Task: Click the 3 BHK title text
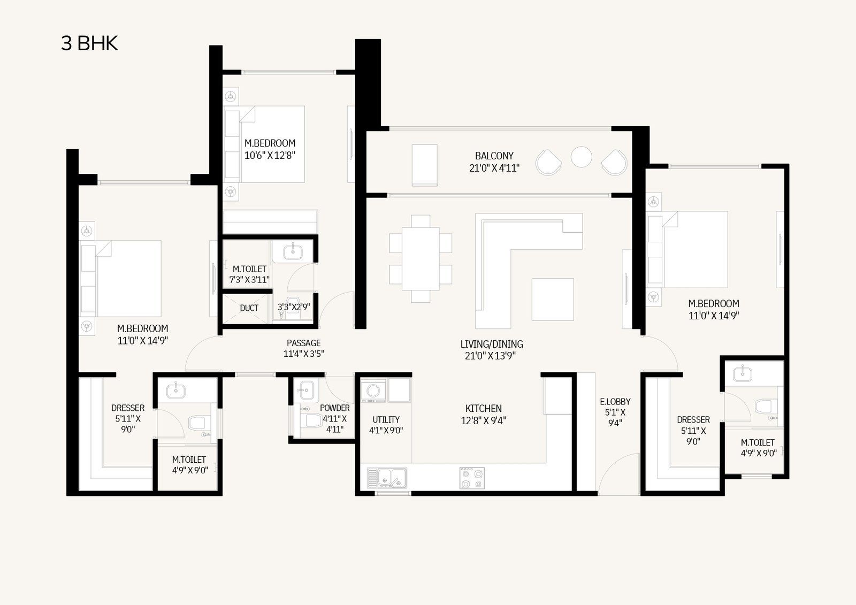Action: point(89,43)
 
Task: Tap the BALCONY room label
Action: point(494,156)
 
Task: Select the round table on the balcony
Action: point(581,157)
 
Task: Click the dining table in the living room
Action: point(421,259)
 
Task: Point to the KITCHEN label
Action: point(484,409)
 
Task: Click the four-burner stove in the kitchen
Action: point(472,478)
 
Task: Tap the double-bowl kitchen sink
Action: point(387,478)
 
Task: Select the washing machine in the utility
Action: point(373,390)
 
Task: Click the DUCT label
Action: point(249,308)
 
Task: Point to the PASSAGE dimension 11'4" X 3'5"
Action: point(304,354)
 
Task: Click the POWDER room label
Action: point(335,408)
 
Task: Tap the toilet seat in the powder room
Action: point(311,421)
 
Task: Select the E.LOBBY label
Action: point(615,402)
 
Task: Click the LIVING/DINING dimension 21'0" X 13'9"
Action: point(490,356)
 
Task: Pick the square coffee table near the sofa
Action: point(553,299)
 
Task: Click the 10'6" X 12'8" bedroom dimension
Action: point(270,156)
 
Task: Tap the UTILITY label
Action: point(386,419)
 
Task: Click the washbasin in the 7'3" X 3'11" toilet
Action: point(293,252)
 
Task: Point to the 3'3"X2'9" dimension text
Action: point(294,307)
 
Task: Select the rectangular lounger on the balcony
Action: point(425,165)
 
